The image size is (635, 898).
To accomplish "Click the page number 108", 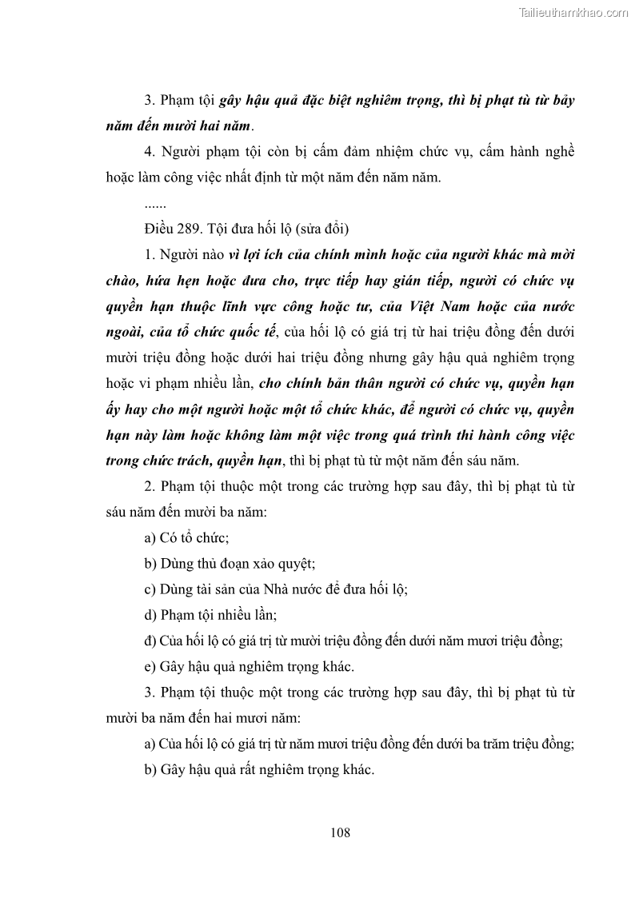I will [x=340, y=832].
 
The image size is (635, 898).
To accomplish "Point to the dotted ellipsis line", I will [x=154, y=203].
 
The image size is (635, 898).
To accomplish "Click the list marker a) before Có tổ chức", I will [x=150, y=537].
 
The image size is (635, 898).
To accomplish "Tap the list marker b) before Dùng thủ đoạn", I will [x=150, y=563].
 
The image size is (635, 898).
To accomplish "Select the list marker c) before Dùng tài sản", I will [x=150, y=589].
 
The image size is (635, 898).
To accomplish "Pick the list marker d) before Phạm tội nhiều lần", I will [x=150, y=615].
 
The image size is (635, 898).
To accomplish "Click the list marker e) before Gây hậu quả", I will [x=150, y=666].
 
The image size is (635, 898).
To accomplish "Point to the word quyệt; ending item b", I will [x=296, y=563].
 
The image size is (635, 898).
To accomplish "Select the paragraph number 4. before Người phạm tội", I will [x=150, y=152].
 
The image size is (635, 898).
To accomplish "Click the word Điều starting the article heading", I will [x=161, y=229].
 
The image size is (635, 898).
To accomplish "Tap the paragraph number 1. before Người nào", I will [x=150, y=254].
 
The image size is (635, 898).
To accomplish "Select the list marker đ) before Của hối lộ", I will [x=150, y=641].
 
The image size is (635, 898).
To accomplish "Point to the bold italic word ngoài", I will [x=126, y=331].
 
